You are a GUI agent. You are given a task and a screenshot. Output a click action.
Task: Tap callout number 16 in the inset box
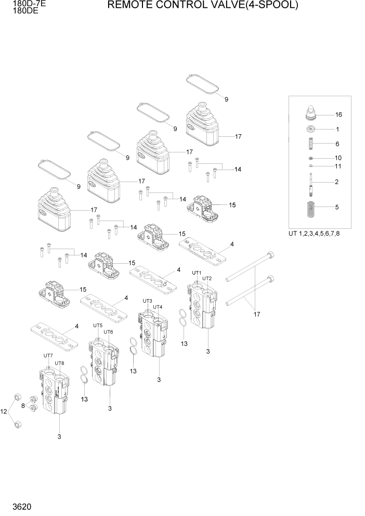338,114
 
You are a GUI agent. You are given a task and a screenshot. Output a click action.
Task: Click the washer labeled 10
310,158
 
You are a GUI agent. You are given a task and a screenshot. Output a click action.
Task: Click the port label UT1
197,273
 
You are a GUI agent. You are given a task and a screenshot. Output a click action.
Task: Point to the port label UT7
48,355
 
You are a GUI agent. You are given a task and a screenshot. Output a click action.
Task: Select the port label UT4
158,307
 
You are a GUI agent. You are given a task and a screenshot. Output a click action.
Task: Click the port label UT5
97,326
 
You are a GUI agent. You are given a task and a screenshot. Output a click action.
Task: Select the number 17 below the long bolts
256,314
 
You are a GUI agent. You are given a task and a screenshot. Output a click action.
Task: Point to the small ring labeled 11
310,166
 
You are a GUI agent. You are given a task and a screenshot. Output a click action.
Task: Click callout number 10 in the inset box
338,158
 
